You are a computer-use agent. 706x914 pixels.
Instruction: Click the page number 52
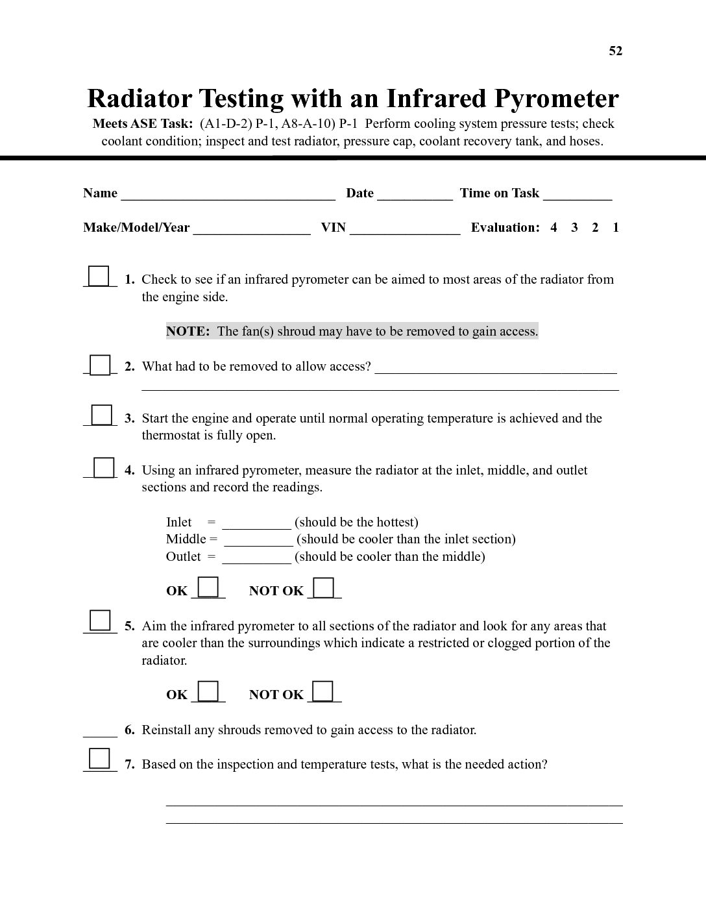[615, 51]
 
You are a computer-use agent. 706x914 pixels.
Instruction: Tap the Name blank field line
[228, 195]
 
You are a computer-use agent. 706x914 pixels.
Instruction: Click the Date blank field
[415, 195]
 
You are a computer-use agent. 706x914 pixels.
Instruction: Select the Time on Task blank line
[578, 195]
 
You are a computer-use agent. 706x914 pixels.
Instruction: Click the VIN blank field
[405, 229]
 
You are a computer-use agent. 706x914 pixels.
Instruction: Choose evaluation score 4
[554, 228]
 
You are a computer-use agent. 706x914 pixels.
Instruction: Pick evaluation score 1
[615, 228]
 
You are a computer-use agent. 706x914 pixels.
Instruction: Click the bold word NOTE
[188, 332]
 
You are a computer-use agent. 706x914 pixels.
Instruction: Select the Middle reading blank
[258, 541]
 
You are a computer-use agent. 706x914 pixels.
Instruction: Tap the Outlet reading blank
[256, 559]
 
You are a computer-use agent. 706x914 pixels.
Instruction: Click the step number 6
[129, 730]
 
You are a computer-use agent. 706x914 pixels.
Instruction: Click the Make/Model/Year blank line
[252, 229]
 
